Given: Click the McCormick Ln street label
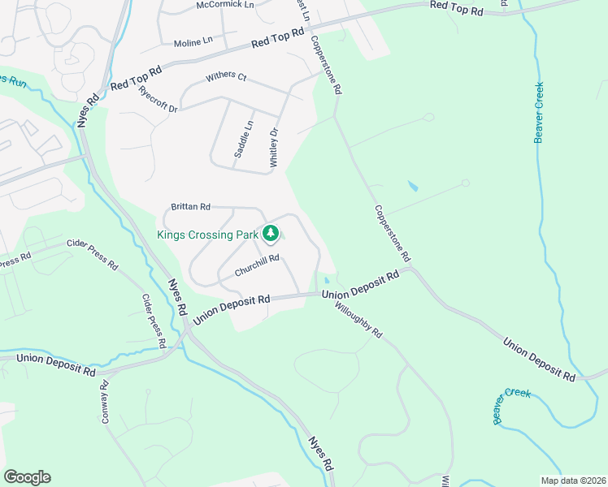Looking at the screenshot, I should (x=225, y=6).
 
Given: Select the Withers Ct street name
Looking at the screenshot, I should (x=226, y=76).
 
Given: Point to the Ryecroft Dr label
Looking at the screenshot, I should (x=158, y=98).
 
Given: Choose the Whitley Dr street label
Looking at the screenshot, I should (x=275, y=147).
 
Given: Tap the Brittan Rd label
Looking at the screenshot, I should (x=191, y=207).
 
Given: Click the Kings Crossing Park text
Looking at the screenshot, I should (x=207, y=235).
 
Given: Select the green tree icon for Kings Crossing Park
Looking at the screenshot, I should (x=271, y=235).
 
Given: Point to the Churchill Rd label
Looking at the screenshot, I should (x=257, y=265).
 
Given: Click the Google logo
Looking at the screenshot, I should (x=27, y=477).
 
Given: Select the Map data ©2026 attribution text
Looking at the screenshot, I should (x=573, y=480).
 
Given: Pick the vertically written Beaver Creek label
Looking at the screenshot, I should (x=539, y=113).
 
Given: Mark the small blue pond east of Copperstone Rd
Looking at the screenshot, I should (x=412, y=186).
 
